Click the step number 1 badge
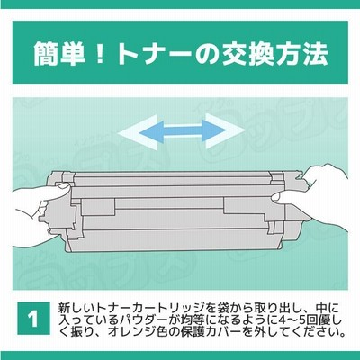coord(34,319)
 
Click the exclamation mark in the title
coord(99,53)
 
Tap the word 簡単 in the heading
coord(58,53)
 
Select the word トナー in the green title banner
coord(155,54)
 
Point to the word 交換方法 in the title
coord(274,53)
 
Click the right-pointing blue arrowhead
coord(213,131)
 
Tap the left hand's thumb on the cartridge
coord(56,191)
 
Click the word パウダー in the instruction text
coord(149,320)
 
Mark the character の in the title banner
coord(207,54)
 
